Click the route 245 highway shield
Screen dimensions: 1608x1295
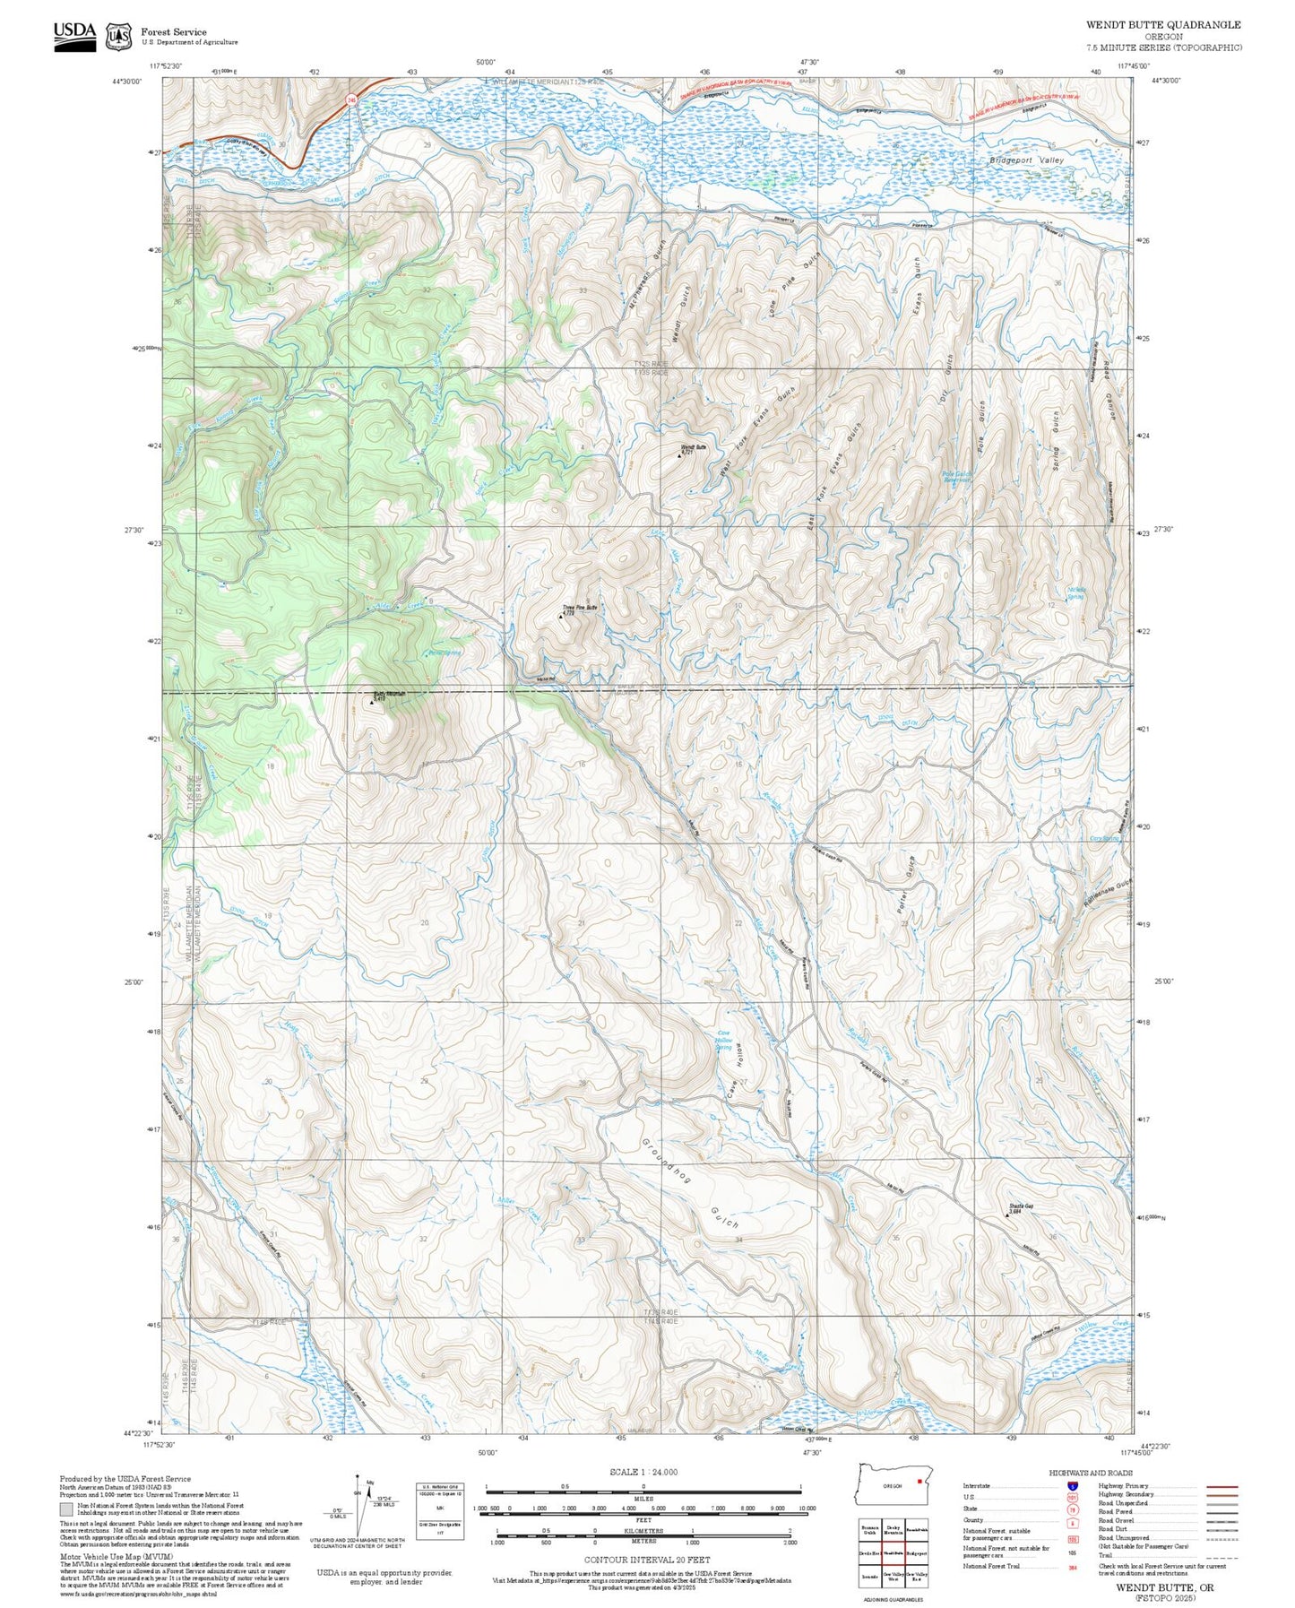tap(352, 101)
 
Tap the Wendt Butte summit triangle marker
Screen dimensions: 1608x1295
tap(680, 454)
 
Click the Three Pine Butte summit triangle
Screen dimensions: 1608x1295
tap(561, 616)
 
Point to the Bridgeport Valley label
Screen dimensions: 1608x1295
tap(1026, 160)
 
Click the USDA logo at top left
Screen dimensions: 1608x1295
tap(74, 35)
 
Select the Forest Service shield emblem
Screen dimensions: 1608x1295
tap(118, 36)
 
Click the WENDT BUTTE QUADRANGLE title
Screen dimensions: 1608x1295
tap(1163, 25)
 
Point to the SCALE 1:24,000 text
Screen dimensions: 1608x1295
tap(643, 1471)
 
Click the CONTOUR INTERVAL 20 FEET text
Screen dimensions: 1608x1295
tap(646, 1560)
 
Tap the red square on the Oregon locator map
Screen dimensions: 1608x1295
tap(919, 1481)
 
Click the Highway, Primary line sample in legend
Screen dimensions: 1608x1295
tap(1222, 1486)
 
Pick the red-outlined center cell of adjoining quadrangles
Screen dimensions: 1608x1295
tap(893, 1552)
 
